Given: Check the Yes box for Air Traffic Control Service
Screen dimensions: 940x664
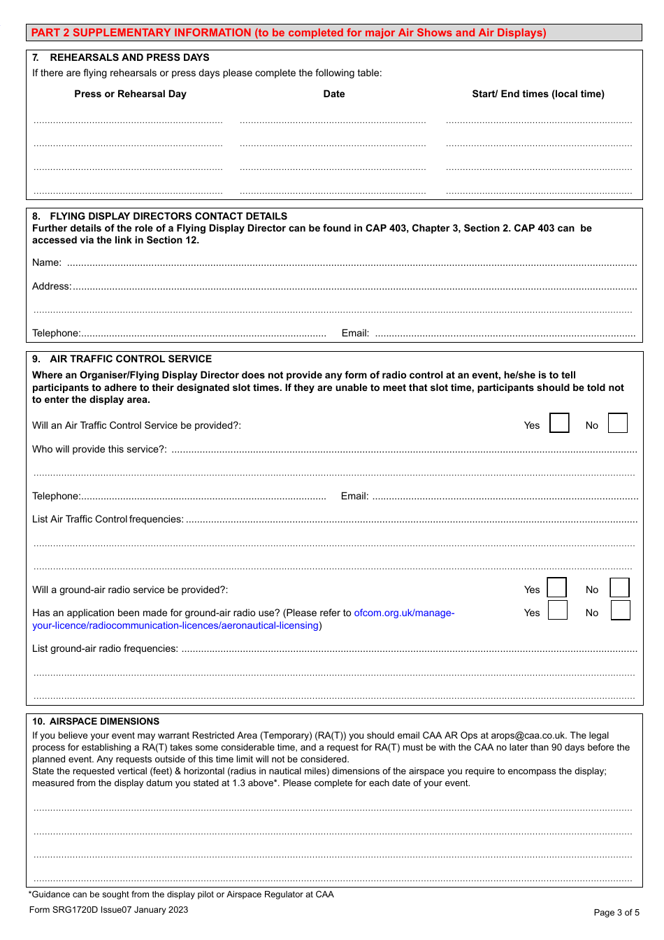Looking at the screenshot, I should tap(559, 423).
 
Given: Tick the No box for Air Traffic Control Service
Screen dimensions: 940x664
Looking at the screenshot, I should tap(618, 423).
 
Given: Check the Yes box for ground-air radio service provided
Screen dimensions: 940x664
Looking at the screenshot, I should tap(557, 587).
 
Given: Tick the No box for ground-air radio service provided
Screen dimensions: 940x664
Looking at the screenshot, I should tap(620, 587).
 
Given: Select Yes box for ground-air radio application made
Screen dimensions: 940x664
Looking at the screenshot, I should tap(558, 611).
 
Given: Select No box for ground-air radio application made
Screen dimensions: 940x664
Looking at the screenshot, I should tap(621, 611).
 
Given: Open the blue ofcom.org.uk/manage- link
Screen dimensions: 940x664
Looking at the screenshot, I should tap(404, 613).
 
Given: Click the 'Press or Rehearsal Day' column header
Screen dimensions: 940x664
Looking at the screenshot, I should tap(130, 94).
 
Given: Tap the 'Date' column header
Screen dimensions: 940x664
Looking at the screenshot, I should tap(334, 94).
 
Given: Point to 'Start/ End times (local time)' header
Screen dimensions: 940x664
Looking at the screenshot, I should tap(538, 94).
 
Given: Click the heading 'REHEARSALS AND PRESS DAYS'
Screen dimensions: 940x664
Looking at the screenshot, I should tap(129, 57).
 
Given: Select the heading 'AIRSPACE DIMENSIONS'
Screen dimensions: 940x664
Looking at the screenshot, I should tap(104, 721).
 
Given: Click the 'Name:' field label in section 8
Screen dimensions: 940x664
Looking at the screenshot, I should tap(47, 262).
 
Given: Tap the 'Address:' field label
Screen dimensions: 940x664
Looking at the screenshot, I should tap(52, 286).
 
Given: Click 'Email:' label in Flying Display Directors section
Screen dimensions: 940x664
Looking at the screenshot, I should tap(355, 333).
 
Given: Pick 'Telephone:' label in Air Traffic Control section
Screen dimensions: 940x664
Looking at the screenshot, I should tap(57, 496).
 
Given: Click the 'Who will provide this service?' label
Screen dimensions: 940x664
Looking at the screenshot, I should tap(99, 449).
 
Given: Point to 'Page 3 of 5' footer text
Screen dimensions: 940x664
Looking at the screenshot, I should tap(616, 912).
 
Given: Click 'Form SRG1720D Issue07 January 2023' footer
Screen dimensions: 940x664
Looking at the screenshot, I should tap(108, 910).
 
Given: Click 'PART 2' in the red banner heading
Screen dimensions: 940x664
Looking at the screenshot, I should tap(50, 33).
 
